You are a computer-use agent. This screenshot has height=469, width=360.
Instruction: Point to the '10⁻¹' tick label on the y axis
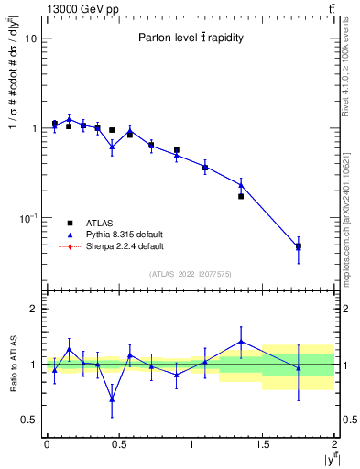(27, 218)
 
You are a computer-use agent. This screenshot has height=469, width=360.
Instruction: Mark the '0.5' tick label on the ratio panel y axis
(28, 420)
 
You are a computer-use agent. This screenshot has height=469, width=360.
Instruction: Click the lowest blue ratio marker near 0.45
(112, 398)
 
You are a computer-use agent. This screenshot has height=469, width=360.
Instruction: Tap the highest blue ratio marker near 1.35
(241, 342)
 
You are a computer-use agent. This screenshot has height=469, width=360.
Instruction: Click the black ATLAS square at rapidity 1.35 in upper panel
(241, 196)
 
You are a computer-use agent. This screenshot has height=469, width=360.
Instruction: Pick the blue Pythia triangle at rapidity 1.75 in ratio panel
(298, 368)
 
